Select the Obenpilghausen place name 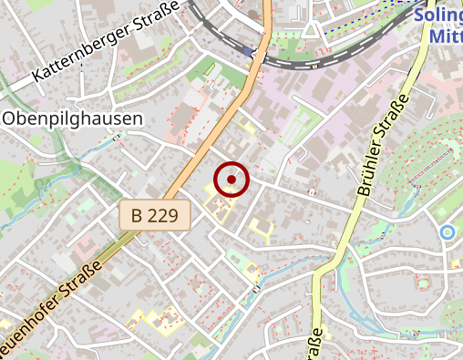click(x=72, y=118)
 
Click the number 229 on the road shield click(x=166, y=216)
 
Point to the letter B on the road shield click(x=137, y=216)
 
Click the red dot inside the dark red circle click(x=231, y=180)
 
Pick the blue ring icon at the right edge click(x=447, y=232)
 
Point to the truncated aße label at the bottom click(x=316, y=344)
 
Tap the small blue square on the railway click(x=249, y=52)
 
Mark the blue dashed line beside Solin click(x=365, y=25)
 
